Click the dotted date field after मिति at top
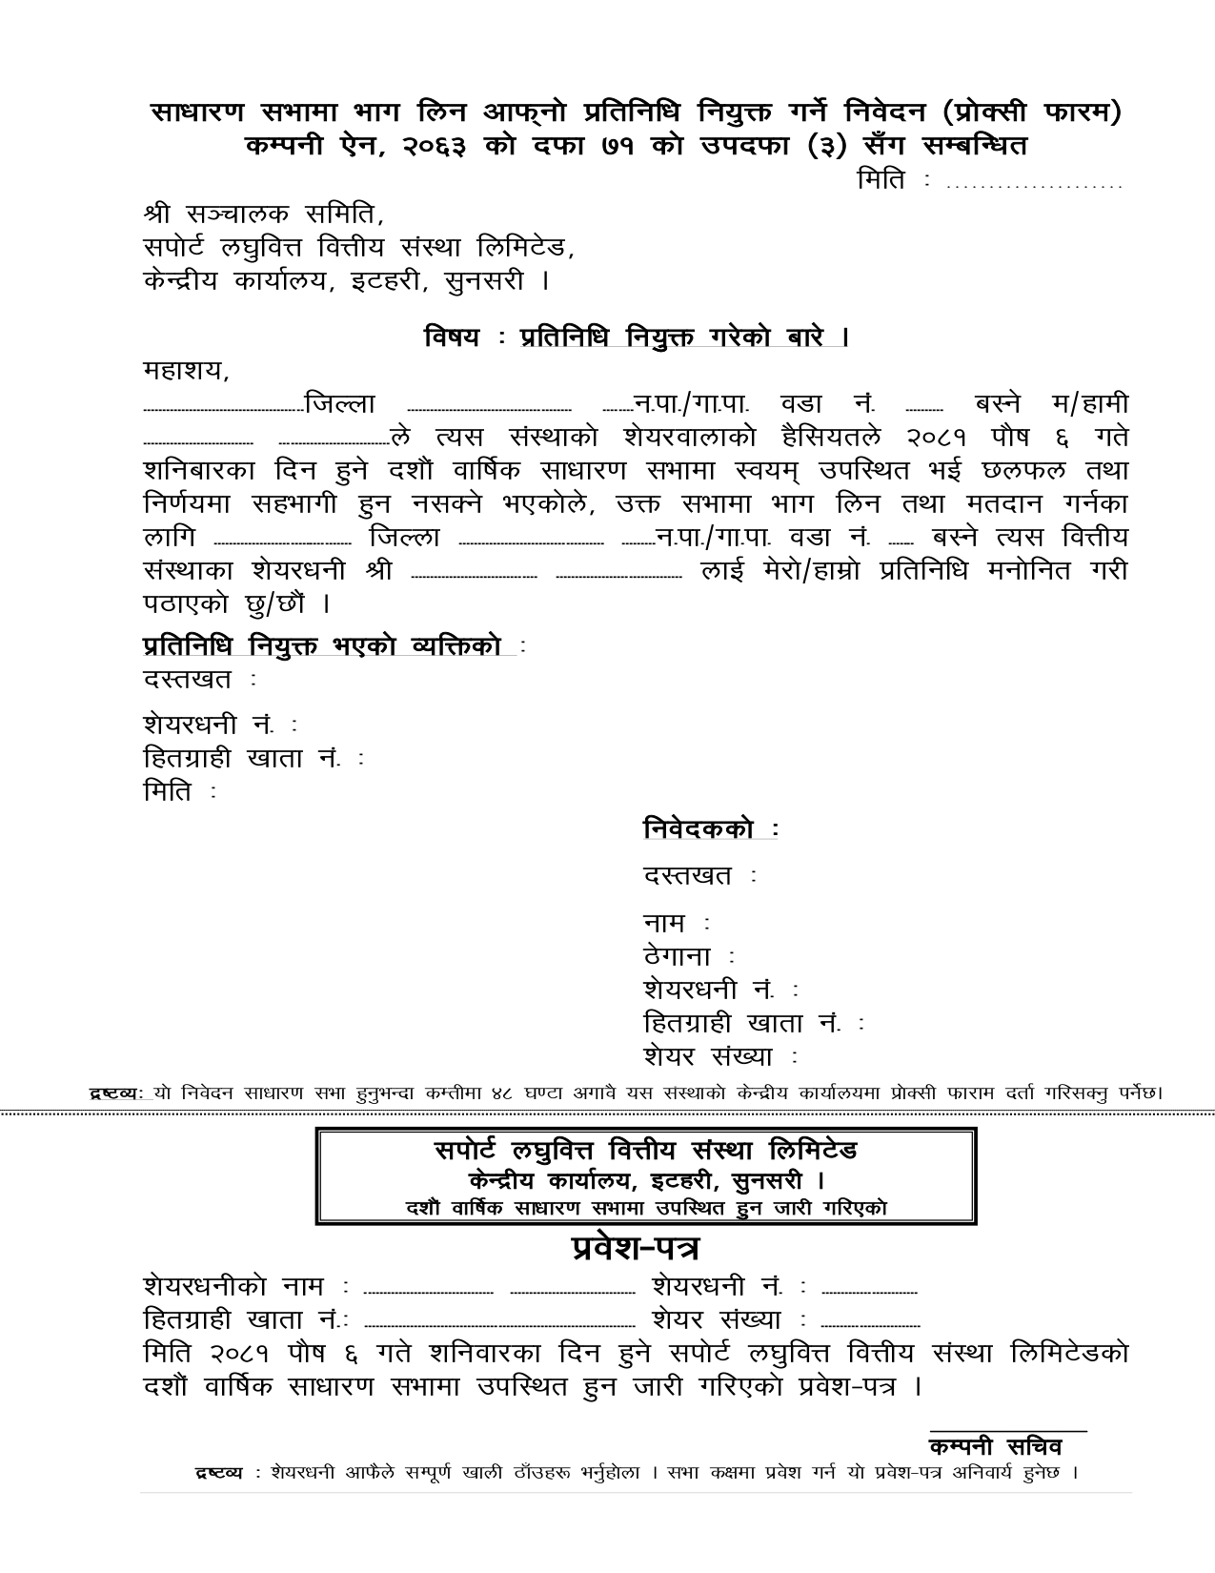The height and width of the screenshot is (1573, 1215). click(x=1034, y=183)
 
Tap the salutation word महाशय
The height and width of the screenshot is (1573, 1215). click(x=185, y=370)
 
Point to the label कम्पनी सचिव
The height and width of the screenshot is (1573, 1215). click(x=1002, y=1447)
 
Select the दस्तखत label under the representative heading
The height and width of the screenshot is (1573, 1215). click(x=188, y=680)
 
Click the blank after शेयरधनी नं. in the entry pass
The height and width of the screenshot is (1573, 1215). click(x=869, y=1292)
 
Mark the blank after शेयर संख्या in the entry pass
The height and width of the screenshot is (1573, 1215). click(x=870, y=1325)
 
